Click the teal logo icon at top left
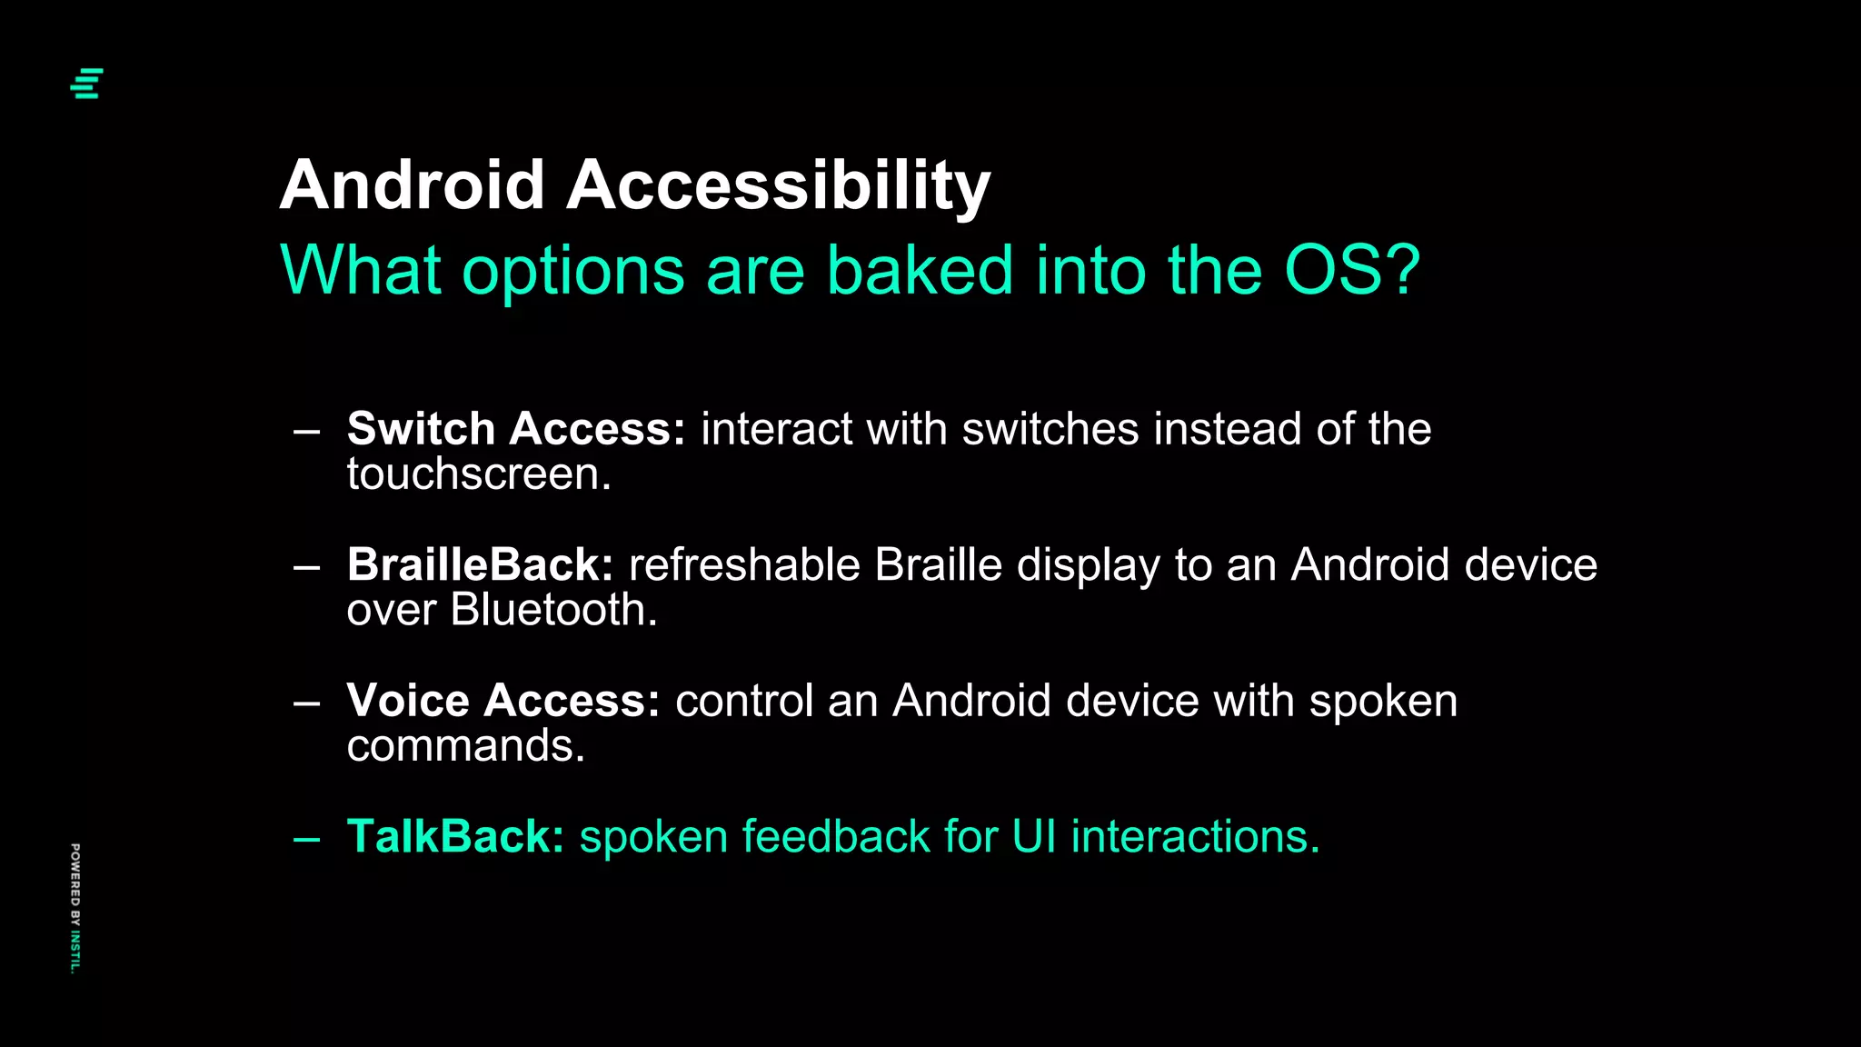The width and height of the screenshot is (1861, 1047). [87, 83]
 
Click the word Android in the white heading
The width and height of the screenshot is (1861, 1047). [412, 185]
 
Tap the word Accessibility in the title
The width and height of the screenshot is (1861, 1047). [778, 185]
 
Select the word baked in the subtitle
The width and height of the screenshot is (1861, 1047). [919, 270]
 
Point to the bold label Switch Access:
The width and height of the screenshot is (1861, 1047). [515, 429]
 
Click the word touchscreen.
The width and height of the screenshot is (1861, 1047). [478, 474]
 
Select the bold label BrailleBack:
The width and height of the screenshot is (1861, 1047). [480, 564]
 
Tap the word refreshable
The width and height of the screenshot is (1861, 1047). [743, 564]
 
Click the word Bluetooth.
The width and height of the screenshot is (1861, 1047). [553, 610]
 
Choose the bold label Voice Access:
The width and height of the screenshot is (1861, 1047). [503, 701]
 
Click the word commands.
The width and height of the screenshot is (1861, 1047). [465, 746]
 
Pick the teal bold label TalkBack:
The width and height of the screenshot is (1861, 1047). [455, 836]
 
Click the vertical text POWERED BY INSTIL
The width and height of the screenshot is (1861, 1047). [75, 908]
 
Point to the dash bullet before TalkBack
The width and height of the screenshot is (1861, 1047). [306, 839]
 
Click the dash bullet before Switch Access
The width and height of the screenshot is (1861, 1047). [306, 432]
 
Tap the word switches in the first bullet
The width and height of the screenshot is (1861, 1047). [1050, 429]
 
